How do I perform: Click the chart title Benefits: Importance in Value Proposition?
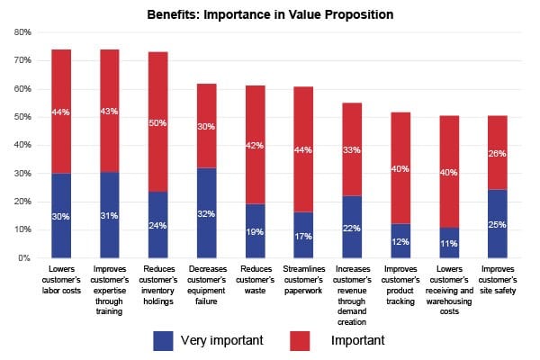click(x=270, y=15)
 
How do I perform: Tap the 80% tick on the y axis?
click(x=22, y=32)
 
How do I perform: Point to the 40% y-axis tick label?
click(x=22, y=145)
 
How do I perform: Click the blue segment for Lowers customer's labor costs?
click(x=61, y=216)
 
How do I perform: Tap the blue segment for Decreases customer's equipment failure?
click(x=207, y=213)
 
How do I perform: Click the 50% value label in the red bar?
click(x=158, y=122)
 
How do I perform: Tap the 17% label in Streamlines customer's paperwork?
click(x=304, y=236)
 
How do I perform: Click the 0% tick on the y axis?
click(x=24, y=258)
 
